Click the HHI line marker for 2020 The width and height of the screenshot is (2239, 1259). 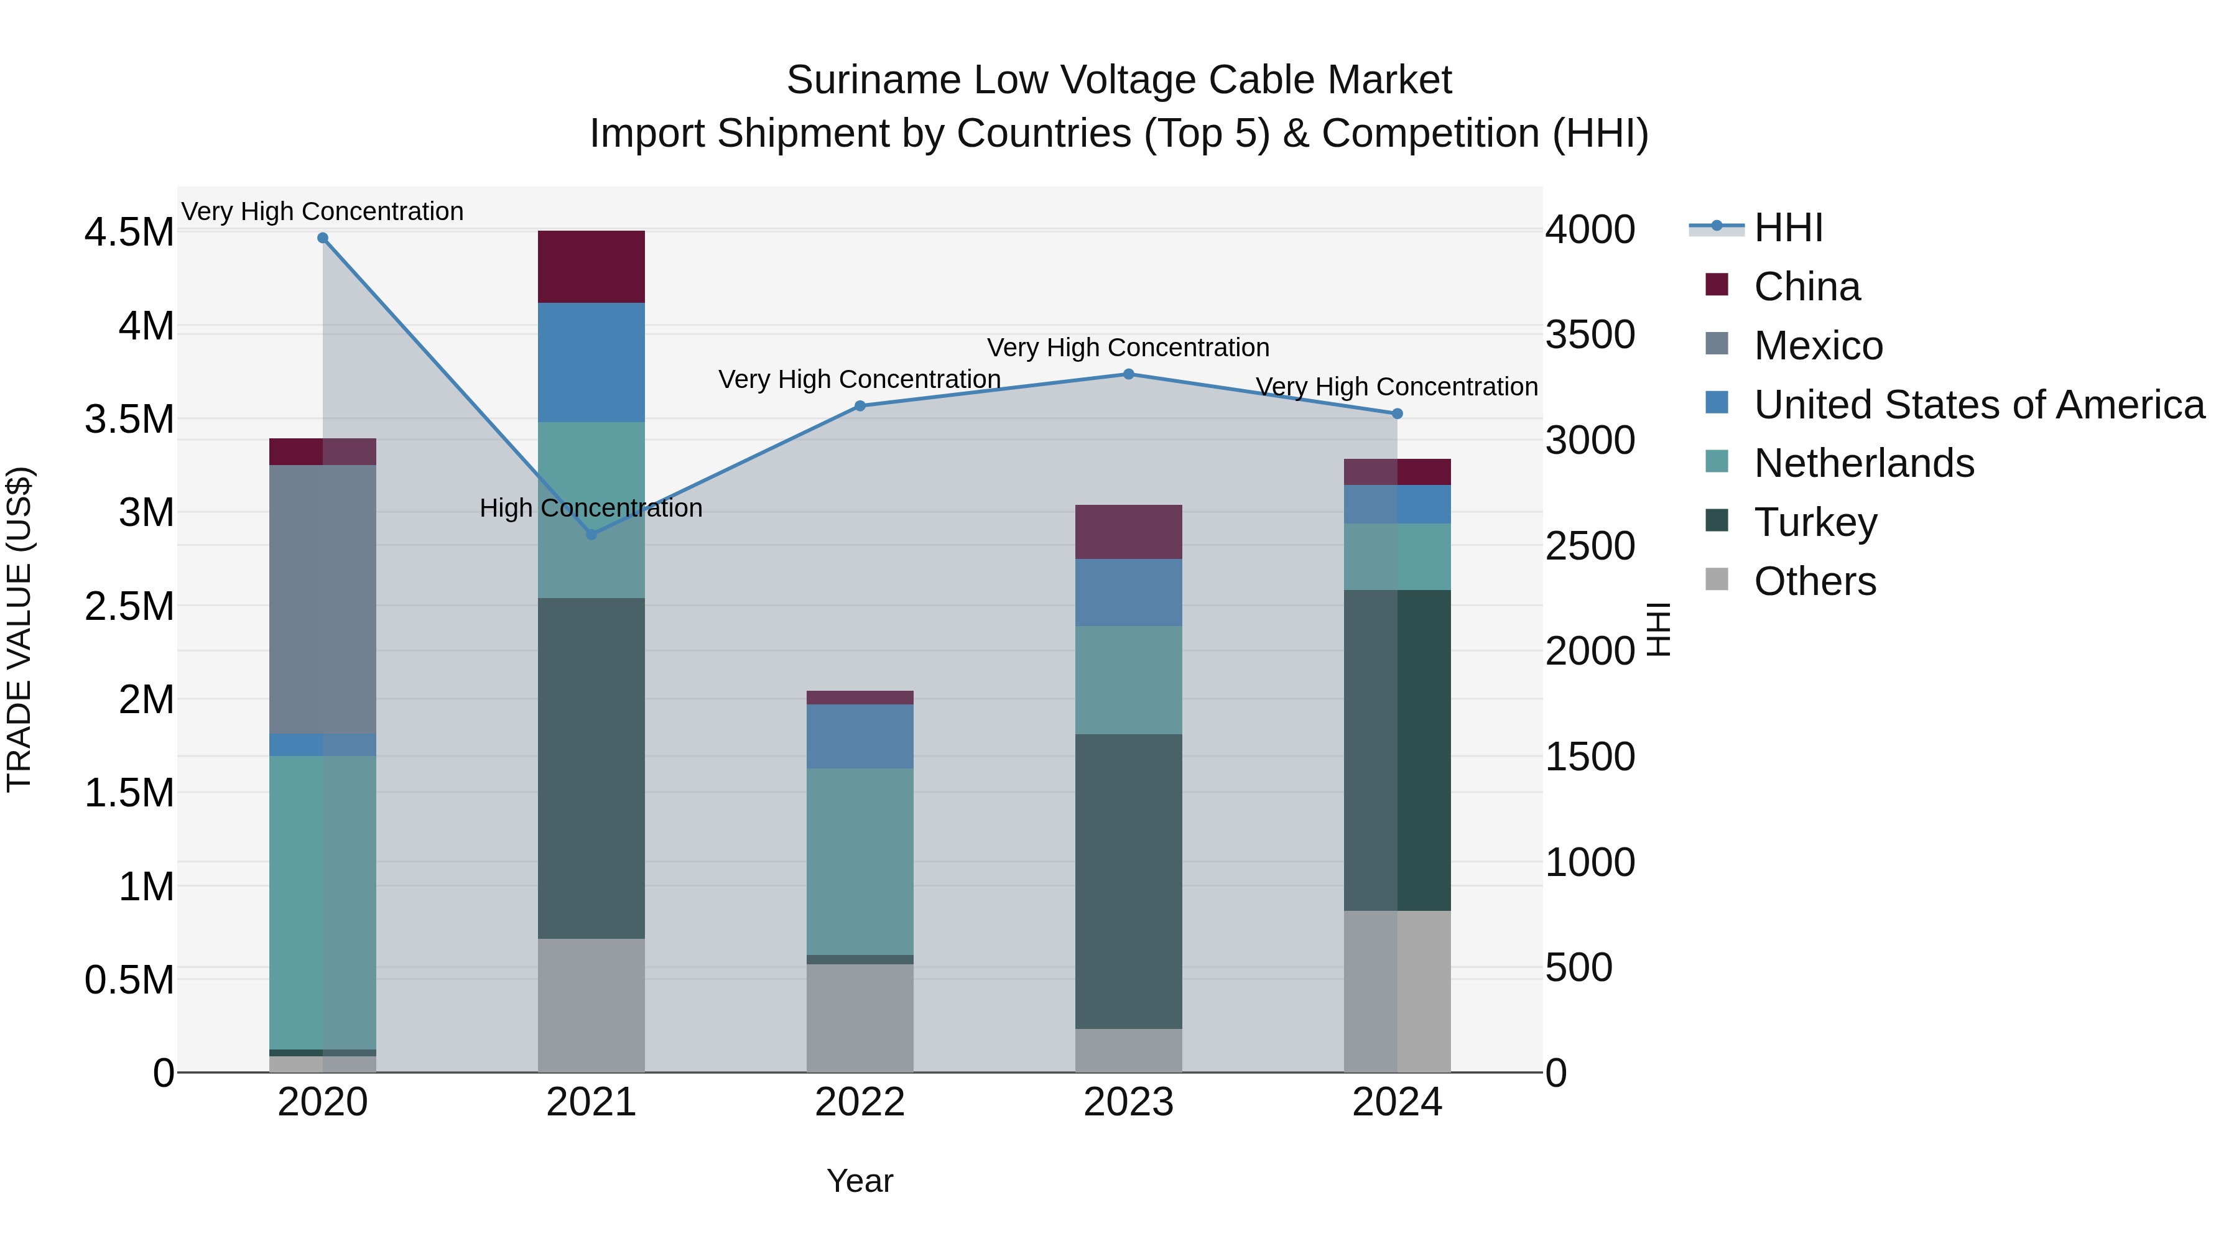click(322, 238)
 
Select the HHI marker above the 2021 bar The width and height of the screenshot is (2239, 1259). click(591, 534)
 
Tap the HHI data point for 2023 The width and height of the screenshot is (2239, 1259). click(1128, 374)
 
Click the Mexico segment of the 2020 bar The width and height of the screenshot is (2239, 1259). click(322, 599)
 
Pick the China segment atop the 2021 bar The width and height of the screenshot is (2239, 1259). click(591, 267)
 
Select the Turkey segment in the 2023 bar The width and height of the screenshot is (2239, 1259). click(1128, 881)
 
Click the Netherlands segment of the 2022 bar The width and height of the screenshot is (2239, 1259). click(860, 861)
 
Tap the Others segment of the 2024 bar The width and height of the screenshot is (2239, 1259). click(1397, 990)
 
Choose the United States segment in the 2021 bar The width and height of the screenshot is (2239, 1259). click(591, 362)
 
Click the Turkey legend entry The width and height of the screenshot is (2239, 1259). click(1815, 522)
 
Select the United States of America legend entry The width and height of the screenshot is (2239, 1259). click(1978, 405)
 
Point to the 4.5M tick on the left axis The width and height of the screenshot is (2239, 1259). click(129, 233)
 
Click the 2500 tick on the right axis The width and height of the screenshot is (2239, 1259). click(1590, 546)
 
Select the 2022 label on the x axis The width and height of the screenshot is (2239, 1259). click(860, 1102)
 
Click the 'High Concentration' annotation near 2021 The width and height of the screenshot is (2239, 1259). click(591, 509)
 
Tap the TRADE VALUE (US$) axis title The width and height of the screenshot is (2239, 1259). click(19, 629)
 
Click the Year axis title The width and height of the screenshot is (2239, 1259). click(860, 1181)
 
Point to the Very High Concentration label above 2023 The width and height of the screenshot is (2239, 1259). click(1128, 348)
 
